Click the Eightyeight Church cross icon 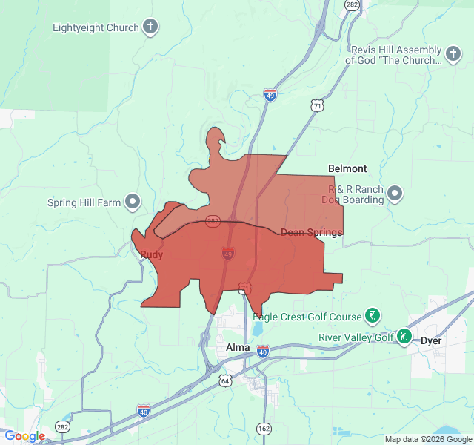tap(150, 28)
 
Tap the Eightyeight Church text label tap(96, 28)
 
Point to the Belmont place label tap(347, 169)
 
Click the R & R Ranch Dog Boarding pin tap(395, 194)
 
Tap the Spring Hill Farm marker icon tap(133, 201)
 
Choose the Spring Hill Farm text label tap(84, 202)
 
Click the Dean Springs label tap(311, 233)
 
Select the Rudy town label tap(152, 255)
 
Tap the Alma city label tap(238, 346)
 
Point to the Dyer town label tap(431, 341)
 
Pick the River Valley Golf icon tap(404, 337)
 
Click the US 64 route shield tap(224, 380)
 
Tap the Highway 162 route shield tap(264, 429)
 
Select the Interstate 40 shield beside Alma tap(263, 351)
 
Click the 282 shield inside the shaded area tap(213, 221)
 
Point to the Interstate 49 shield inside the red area tap(228, 254)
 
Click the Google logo tap(24, 436)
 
